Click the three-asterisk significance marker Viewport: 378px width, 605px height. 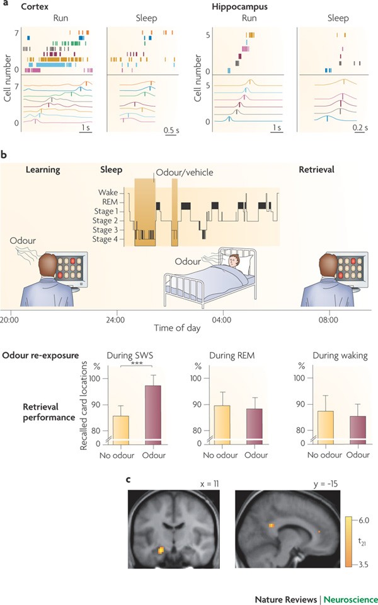click(x=139, y=364)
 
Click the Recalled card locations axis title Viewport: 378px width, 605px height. click(x=84, y=405)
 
